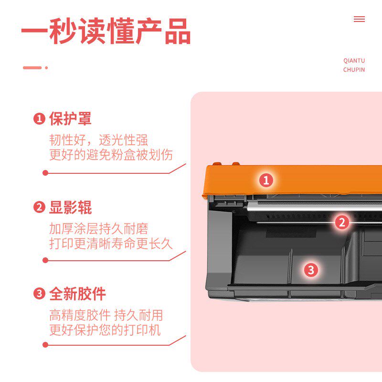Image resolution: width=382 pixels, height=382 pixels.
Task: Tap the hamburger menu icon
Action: pos(359,19)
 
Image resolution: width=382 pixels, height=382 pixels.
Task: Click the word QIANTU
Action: pos(354,61)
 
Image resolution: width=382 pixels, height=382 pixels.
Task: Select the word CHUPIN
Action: pos(354,70)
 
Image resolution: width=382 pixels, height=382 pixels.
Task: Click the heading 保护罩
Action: pos(70,119)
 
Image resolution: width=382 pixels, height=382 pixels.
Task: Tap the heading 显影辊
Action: pos(70,208)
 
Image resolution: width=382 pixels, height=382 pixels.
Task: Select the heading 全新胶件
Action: pos(77,294)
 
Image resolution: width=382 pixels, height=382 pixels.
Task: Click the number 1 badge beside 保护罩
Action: pos(39,119)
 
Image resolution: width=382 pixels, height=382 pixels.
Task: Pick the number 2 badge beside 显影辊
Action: pos(39,208)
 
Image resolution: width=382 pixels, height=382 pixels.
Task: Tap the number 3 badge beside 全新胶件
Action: pos(39,294)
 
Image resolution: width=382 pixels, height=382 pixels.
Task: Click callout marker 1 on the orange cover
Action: pos(266,180)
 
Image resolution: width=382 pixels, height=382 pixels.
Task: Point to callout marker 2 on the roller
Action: pos(341,222)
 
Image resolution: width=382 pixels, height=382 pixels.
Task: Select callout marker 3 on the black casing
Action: pos(311,270)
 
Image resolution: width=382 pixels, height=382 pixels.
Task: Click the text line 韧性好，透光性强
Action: pos(99,140)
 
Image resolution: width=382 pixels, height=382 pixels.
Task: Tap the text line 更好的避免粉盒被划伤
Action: pos(111,155)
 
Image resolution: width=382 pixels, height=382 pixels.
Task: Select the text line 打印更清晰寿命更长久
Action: pos(111,244)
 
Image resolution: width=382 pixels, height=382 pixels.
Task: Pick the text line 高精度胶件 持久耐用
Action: pos(106,315)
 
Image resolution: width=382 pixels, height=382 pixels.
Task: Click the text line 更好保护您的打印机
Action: pos(105,330)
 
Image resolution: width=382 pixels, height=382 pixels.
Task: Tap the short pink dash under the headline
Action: pos(32,68)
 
